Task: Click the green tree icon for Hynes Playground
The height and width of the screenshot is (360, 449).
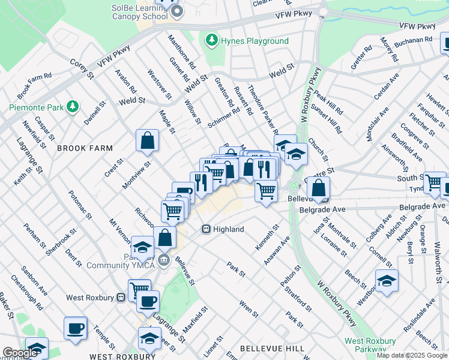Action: click(x=211, y=41)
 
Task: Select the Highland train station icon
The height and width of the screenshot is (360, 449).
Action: click(x=206, y=229)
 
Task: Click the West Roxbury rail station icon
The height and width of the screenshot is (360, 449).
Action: click(x=121, y=297)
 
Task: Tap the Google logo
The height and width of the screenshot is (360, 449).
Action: click(x=20, y=353)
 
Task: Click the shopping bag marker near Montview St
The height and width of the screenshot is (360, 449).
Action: click(x=147, y=142)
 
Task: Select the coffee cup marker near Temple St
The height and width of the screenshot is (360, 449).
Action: click(x=76, y=329)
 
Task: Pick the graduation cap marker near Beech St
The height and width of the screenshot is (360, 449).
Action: click(x=387, y=281)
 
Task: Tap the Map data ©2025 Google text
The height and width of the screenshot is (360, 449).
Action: click(x=412, y=355)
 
